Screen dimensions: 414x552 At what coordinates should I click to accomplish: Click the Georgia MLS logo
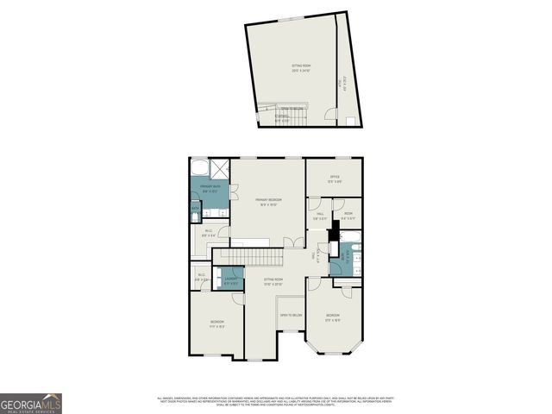[x=31, y=403]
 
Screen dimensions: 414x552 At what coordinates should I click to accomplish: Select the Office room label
[x=334, y=181]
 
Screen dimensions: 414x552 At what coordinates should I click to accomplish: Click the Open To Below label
[x=291, y=316]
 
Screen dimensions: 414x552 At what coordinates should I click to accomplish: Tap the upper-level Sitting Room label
[x=300, y=67]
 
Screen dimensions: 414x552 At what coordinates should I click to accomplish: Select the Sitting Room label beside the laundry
[x=274, y=282]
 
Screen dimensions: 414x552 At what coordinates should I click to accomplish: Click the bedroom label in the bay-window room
[x=333, y=317]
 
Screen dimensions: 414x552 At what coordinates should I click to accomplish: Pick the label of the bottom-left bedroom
[x=216, y=324]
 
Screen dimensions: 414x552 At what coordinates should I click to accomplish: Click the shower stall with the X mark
[x=220, y=168]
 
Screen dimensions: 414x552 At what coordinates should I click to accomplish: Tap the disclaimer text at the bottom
[x=276, y=400]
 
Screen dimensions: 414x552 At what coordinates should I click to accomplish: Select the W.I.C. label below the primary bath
[x=209, y=233]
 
